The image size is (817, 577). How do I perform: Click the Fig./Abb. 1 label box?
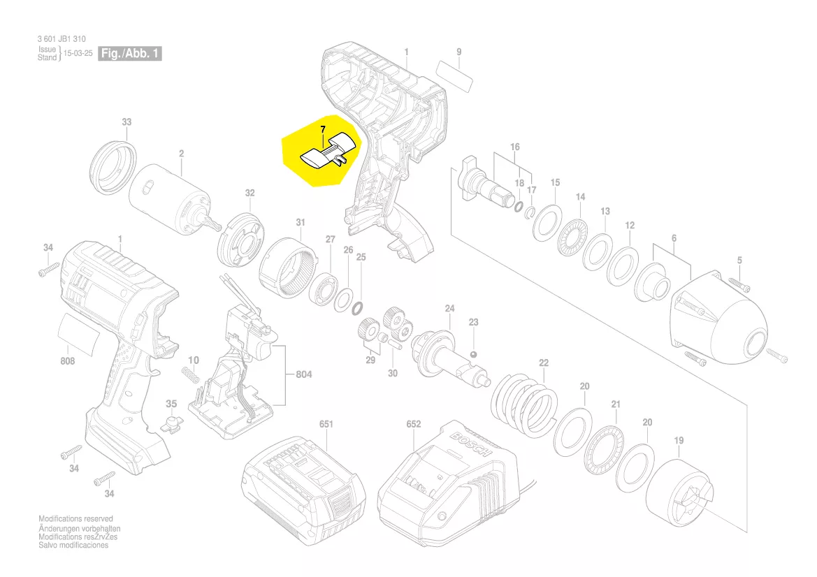[131, 53]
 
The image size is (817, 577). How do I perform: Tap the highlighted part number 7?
[322, 129]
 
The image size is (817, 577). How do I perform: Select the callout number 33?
[126, 122]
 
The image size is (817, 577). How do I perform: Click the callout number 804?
[303, 375]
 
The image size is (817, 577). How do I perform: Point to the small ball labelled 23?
[474, 354]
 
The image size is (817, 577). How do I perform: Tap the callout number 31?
[301, 223]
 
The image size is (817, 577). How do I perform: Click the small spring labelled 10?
[189, 375]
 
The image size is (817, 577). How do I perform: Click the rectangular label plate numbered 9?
[454, 73]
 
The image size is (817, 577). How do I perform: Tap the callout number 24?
[449, 308]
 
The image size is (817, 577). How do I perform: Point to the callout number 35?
[171, 404]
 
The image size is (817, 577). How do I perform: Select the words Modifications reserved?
[75, 519]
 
